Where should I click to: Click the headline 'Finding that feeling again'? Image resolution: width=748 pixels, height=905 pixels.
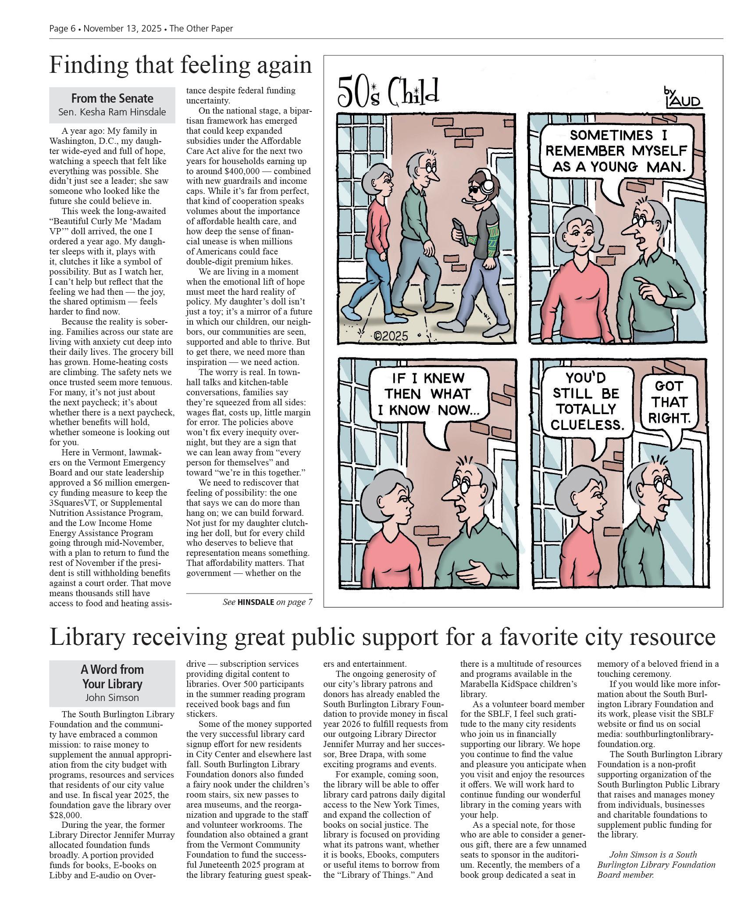coord(180,65)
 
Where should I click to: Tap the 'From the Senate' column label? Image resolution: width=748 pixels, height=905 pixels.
coord(112,98)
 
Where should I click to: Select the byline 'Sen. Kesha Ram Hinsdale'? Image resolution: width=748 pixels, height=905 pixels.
coord(112,112)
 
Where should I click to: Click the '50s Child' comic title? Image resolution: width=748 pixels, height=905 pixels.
coord(388,92)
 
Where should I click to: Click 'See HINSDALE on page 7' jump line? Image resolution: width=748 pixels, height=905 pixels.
coord(267,602)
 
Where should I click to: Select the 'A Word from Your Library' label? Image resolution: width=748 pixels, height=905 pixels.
coord(112,676)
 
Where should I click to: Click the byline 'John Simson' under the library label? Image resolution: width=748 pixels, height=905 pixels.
coord(112,698)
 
